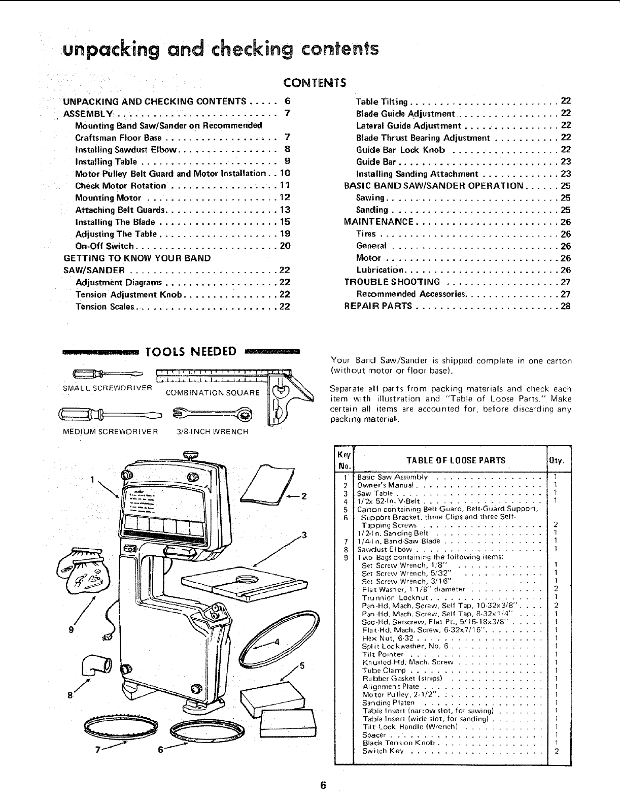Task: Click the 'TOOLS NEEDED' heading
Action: click(191, 352)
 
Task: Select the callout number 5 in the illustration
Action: click(301, 666)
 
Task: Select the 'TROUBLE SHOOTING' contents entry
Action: click(392, 282)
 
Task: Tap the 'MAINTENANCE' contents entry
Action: click(378, 222)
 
